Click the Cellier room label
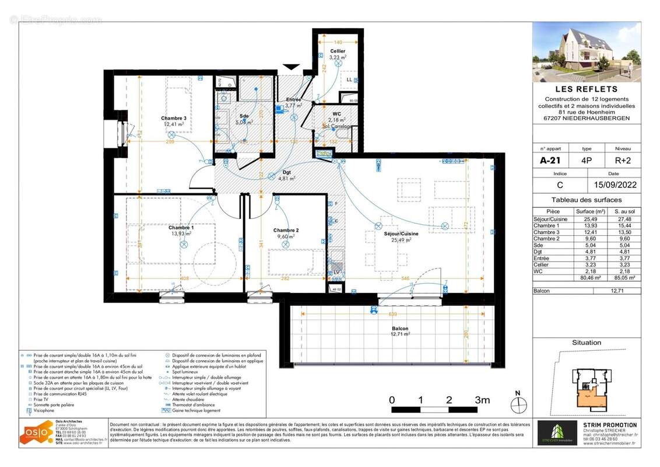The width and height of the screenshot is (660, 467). (338, 51)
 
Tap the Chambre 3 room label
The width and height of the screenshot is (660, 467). (174, 119)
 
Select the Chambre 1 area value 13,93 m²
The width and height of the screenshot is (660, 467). (181, 233)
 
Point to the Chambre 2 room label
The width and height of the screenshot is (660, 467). (286, 231)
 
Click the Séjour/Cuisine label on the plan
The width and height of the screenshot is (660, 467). (401, 233)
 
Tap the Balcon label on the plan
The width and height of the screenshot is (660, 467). (400, 329)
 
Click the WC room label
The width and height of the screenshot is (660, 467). (336, 113)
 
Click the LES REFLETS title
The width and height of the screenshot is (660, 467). (586, 89)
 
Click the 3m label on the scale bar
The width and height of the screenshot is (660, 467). (482, 400)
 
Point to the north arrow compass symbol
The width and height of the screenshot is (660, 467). (517, 404)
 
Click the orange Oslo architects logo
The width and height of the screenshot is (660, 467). (37, 433)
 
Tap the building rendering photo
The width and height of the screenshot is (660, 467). (586, 52)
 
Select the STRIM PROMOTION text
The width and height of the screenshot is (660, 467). (610, 425)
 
